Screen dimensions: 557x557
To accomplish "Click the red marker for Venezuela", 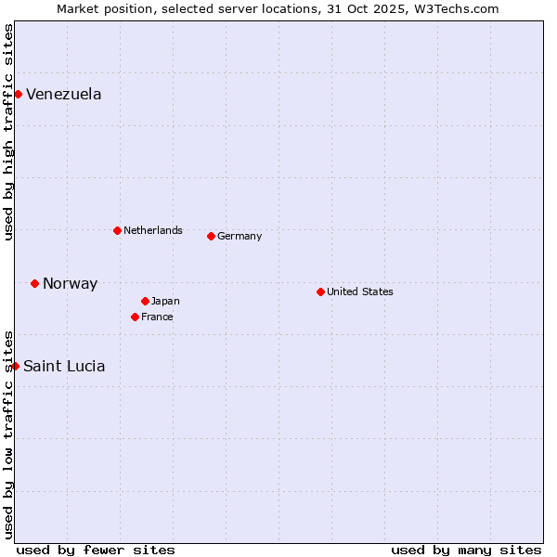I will [18, 94].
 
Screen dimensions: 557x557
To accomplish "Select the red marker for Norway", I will [34, 283].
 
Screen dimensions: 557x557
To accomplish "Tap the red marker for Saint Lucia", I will [15, 366].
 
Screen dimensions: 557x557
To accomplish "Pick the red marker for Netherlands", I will [117, 230].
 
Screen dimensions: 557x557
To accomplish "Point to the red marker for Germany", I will [211, 236].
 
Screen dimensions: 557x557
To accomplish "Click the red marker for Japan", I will [145, 301].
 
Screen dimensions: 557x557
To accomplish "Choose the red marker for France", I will [135, 317].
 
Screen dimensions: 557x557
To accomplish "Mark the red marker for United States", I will [320, 291].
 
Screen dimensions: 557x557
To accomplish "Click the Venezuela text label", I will [64, 95].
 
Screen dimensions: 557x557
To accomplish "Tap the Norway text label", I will [70, 284].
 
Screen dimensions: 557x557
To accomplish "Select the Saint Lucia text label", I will [64, 367].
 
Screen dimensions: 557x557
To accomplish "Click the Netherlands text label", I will [153, 230].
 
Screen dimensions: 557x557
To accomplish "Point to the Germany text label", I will [240, 236].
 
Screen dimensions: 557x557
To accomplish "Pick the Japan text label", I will [165, 301].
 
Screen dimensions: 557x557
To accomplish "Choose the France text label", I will [157, 317].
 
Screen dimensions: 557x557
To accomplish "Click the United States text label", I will [360, 291].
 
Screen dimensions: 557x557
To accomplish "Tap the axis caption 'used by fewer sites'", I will [96, 550].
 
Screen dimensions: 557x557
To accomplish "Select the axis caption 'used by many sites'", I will [466, 550].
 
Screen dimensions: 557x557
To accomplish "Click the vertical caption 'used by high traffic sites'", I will [9, 132].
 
